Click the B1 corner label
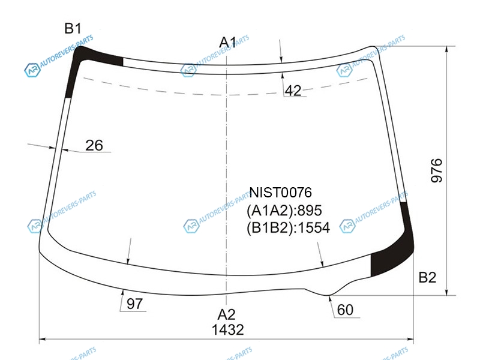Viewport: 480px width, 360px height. (x=73, y=28)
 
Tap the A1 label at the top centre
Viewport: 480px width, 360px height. (x=228, y=42)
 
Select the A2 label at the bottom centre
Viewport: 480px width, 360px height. (x=227, y=314)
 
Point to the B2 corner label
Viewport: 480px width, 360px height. (x=427, y=277)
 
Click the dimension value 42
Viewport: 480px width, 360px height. (x=293, y=91)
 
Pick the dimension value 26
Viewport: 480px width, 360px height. (x=94, y=145)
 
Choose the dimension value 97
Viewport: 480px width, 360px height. (x=134, y=304)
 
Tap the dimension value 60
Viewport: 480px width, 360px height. (x=345, y=310)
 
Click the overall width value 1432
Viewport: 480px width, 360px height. (x=228, y=329)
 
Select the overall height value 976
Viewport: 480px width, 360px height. (x=437, y=170)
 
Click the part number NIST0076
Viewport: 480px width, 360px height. (x=280, y=193)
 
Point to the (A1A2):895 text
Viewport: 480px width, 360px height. (x=284, y=211)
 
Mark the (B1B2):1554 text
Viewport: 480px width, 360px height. (x=288, y=228)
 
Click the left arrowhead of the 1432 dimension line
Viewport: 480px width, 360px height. (x=43, y=339)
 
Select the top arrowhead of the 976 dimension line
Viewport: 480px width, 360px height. (x=447, y=49)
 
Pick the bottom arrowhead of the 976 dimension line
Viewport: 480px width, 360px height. (x=447, y=292)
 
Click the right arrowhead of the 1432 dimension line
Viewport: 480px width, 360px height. (x=410, y=339)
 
